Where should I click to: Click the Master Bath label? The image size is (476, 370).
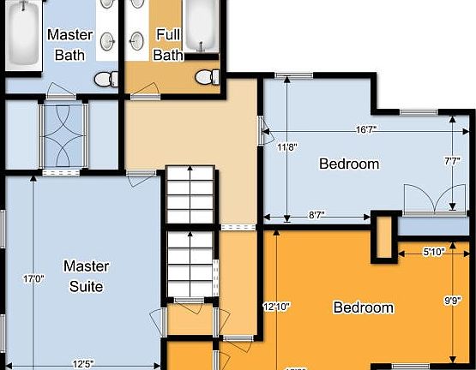pos(70,45)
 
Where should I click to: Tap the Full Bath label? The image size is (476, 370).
pos(168,45)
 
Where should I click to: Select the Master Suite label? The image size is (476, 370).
pos(85,276)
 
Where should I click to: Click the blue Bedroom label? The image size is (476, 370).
pos(349,164)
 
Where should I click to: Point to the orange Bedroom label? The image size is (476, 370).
pos(363,307)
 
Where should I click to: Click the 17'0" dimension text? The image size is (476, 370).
pos(33,278)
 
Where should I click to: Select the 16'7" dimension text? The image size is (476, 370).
pos(366,130)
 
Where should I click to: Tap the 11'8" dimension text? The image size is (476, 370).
pos(287,146)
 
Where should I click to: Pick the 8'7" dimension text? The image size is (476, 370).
pos(317,217)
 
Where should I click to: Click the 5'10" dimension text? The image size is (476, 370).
pos(434,252)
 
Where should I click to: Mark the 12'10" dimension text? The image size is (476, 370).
pos(276,306)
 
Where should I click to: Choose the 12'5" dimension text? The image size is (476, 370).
pos(82,363)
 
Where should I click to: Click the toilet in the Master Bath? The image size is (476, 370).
pos(105,80)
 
